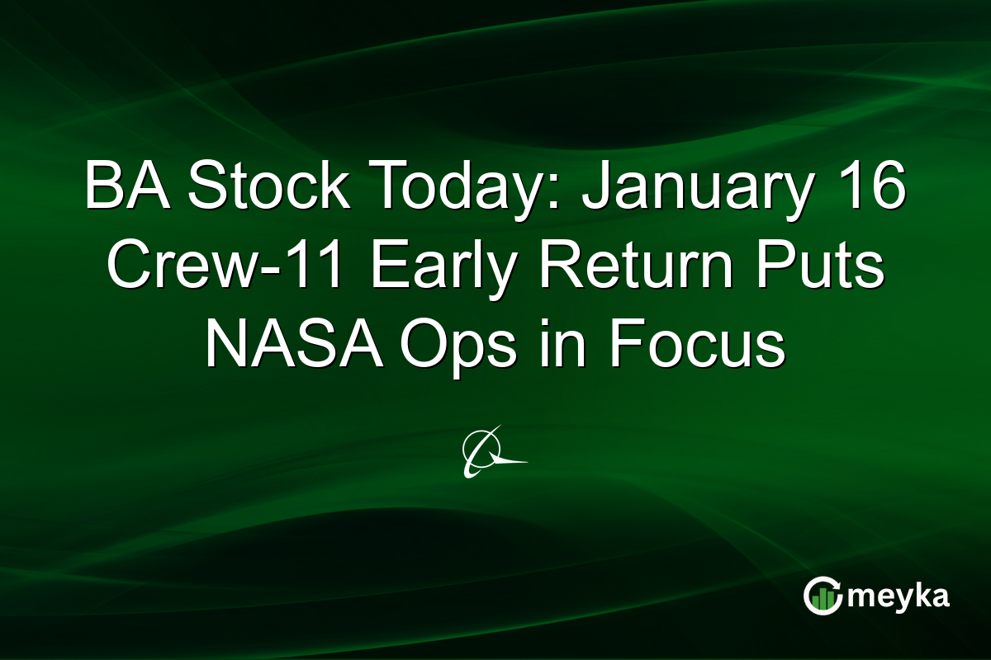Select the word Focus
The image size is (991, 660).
point(699,346)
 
